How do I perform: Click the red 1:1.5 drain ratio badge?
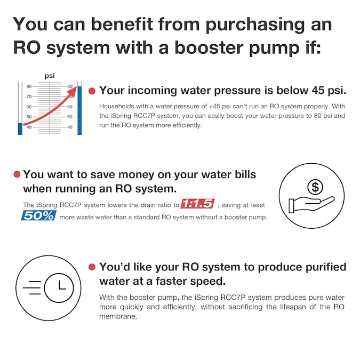[x=197, y=204]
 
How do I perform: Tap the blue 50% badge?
[x=38, y=215]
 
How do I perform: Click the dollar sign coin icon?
[x=315, y=187]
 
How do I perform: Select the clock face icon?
[x=59, y=287]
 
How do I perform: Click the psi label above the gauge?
[x=50, y=76]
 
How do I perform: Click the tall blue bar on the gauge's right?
[x=79, y=110]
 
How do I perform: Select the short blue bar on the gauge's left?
[x=20, y=129]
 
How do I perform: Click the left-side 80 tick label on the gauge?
[x=29, y=86]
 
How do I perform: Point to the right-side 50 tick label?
[x=70, y=117]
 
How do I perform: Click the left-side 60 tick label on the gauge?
[x=29, y=107]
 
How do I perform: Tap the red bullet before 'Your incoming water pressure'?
[x=92, y=91]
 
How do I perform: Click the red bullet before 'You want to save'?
[x=17, y=174]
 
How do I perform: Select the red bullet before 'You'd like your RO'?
[x=92, y=267]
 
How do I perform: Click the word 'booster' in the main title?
[x=209, y=48]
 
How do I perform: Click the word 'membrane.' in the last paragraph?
[x=118, y=316]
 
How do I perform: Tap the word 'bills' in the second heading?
[x=245, y=174]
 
